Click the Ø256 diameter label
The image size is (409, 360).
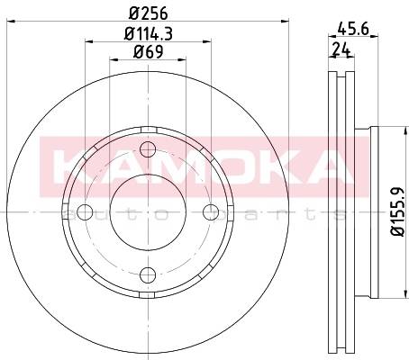click(x=148, y=13)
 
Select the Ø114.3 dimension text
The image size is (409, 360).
click(x=149, y=33)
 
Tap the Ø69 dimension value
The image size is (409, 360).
click(x=149, y=51)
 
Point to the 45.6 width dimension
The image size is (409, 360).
click(x=353, y=29)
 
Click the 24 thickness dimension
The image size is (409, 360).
click(x=341, y=49)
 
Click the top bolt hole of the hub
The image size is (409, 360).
click(x=148, y=149)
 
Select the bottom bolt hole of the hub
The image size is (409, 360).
click(x=148, y=275)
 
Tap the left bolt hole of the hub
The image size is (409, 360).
click(x=85, y=212)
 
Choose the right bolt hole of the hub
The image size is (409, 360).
click(x=211, y=212)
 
